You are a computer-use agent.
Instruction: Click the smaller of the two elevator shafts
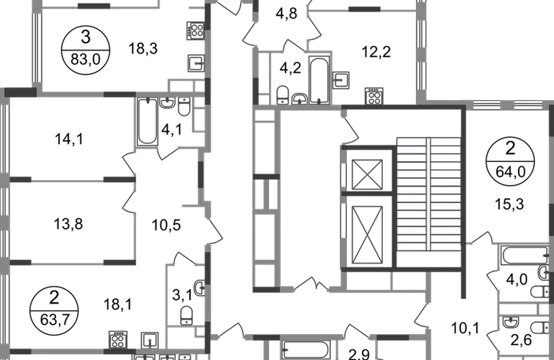coord(368,174)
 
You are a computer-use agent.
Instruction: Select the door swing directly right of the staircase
coord(481,237)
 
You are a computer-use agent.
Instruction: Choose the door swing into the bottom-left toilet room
coord(181,253)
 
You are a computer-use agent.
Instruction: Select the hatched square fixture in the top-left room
coord(193,31)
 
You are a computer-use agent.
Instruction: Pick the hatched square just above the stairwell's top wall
coord(373,95)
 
